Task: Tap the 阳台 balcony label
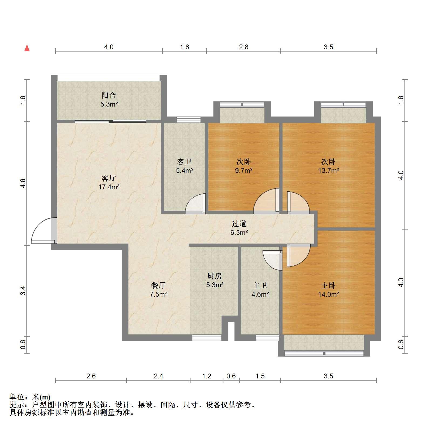click(x=109, y=95)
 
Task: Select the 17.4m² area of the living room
click(x=109, y=187)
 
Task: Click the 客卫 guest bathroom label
click(x=184, y=162)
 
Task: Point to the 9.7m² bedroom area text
click(x=244, y=170)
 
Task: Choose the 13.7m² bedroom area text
click(x=328, y=170)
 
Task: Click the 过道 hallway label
click(x=239, y=224)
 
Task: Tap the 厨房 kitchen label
click(x=215, y=276)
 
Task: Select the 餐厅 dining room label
click(x=158, y=285)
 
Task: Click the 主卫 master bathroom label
click(x=260, y=285)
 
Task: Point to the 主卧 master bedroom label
click(x=328, y=285)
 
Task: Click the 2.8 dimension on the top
click(x=244, y=47)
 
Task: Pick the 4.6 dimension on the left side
click(x=23, y=183)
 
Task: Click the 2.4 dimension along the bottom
click(x=158, y=376)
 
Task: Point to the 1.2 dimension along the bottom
click(x=207, y=376)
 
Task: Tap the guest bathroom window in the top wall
click(x=189, y=120)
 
